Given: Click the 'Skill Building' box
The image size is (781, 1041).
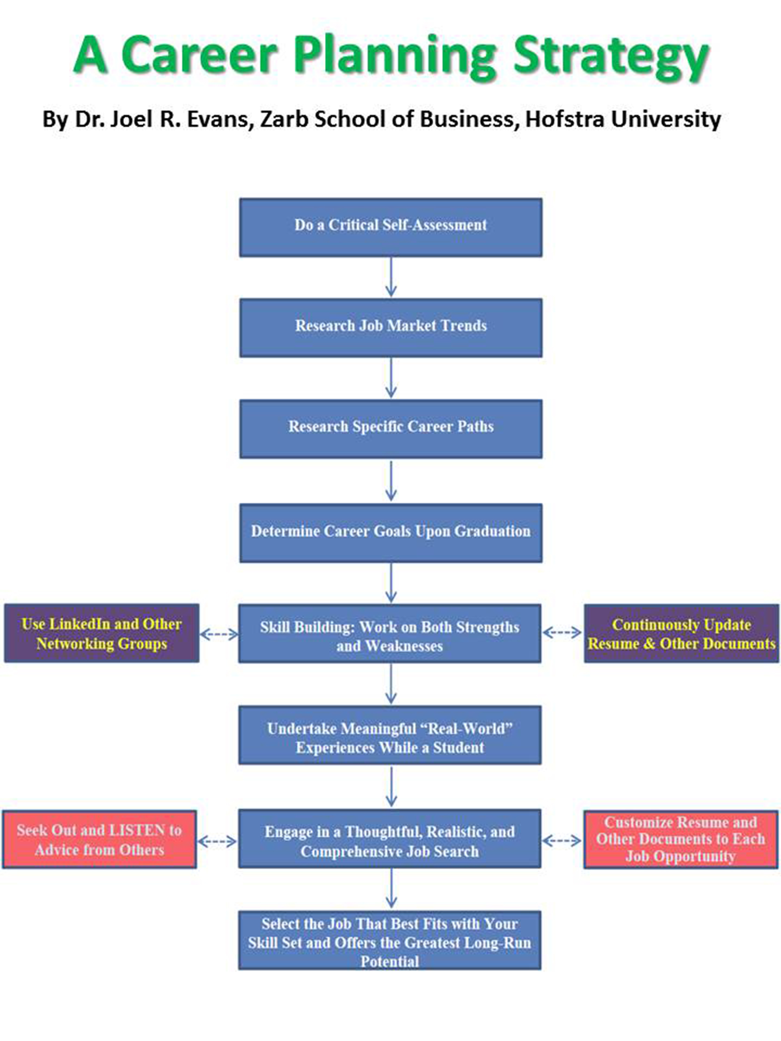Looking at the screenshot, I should (x=389, y=634).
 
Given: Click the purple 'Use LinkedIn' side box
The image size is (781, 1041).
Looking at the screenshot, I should (x=102, y=633).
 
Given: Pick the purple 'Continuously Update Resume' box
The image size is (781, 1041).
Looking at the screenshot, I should (x=681, y=633).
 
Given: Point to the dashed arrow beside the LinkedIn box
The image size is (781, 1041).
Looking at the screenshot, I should (x=219, y=634).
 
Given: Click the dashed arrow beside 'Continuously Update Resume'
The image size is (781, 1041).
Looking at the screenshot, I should (x=562, y=633).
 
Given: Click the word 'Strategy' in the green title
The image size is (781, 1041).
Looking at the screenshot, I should (x=611, y=56).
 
